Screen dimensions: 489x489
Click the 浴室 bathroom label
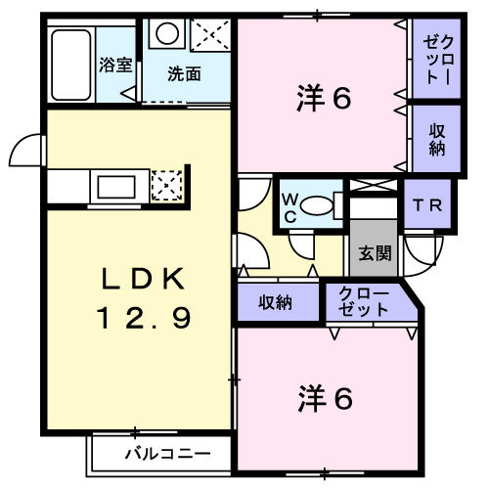coord(115,65)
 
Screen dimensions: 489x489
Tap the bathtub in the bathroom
coord(70,65)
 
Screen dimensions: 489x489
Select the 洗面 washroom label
coord(184,74)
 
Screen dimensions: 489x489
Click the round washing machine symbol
coord(167,33)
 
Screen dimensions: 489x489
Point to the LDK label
coord(143,279)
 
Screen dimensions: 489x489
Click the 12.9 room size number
coord(143,318)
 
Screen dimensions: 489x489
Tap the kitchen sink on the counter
coord(116,187)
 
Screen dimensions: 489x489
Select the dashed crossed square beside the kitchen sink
coord(167,185)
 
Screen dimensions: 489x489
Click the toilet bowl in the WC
coord(317,205)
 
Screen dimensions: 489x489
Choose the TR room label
coord(427,205)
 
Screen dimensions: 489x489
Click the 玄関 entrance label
coord(375,252)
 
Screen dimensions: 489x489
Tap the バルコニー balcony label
coord(168,454)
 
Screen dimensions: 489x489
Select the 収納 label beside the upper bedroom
coord(437,140)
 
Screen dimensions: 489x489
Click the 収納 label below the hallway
coord(275,302)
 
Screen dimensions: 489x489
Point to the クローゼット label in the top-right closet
coord(438,61)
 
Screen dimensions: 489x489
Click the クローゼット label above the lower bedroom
coord(363,301)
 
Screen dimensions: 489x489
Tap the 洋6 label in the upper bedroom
coord(324,98)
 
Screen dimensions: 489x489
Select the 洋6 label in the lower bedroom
coord(325,398)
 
